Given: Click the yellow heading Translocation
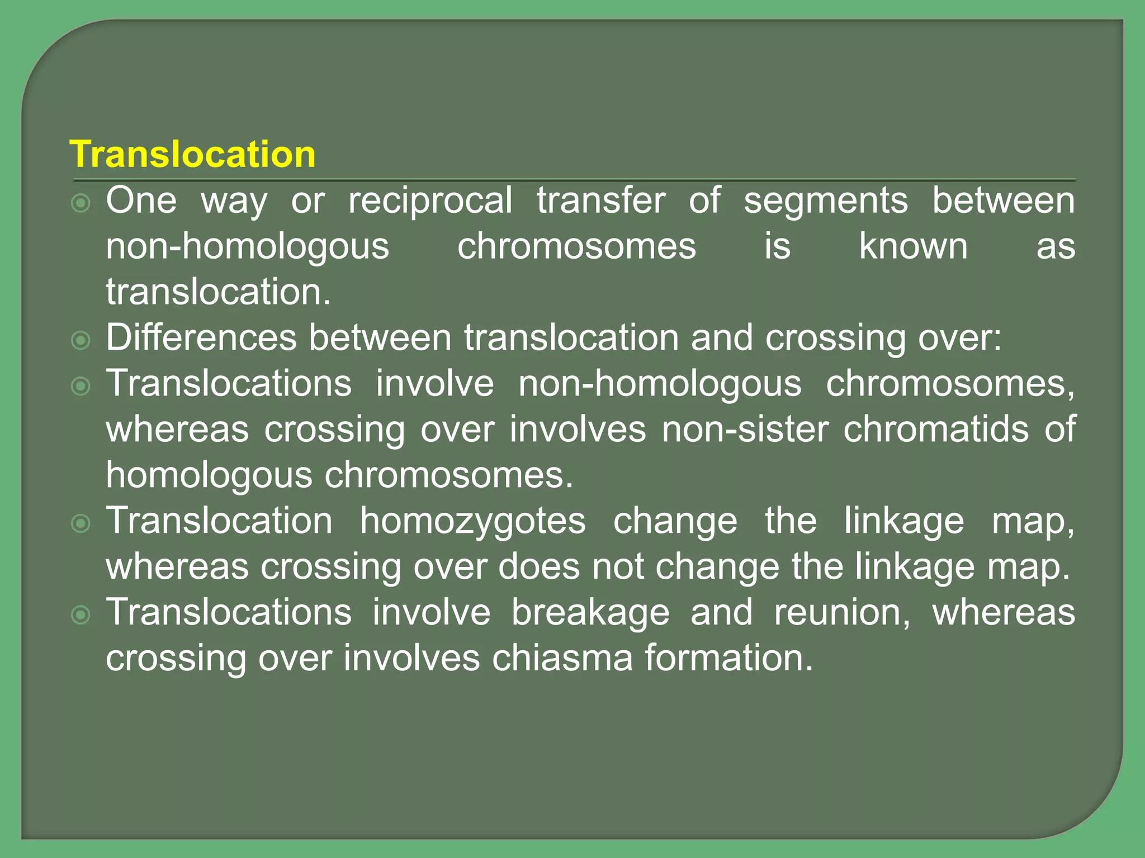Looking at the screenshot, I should pos(192,154).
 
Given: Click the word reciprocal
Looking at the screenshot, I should pos(430,201).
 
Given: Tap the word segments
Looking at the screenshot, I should pos(825,201).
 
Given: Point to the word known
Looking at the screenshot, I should pos(913,246).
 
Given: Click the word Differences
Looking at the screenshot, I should pos(201,338).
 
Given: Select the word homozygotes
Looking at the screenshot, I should pos(472,522).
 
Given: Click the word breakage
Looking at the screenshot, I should pos(590,613).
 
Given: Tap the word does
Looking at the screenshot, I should pos(539,567).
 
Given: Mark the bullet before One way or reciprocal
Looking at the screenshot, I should pos(81,203).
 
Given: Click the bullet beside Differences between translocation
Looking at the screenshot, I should pos(81,341).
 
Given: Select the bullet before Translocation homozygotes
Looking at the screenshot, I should pos(81,524).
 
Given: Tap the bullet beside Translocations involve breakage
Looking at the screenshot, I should pos(81,616).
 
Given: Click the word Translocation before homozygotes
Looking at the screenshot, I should pos(219,521).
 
